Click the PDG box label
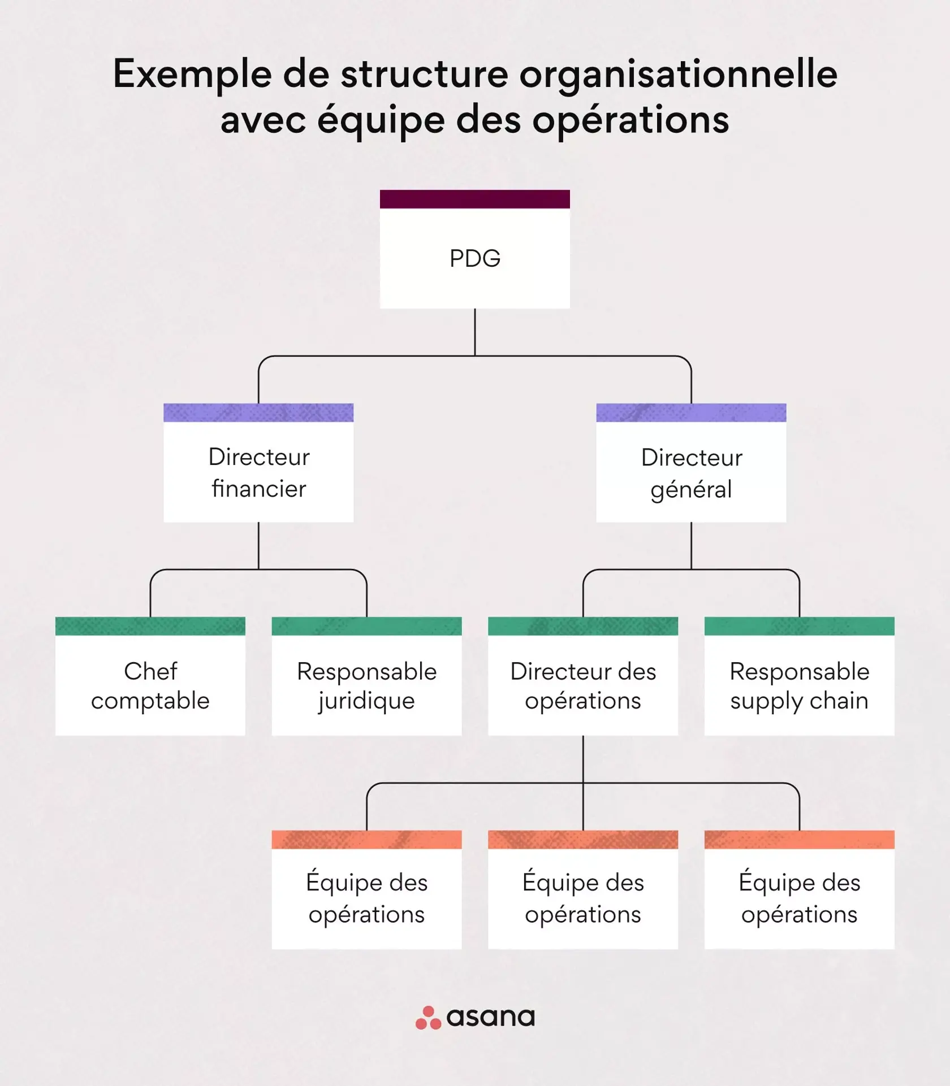click(475, 259)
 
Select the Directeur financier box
click(258, 472)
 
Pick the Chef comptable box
click(150, 685)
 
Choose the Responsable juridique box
click(366, 685)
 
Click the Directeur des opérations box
click(583, 685)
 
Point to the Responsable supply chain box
click(799, 685)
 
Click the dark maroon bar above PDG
click(475, 199)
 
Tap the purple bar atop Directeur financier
click(258, 413)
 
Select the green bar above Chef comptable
click(150, 626)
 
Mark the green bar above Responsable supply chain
click(799, 626)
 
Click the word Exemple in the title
click(192, 75)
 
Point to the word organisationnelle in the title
click(678, 75)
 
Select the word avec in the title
click(263, 120)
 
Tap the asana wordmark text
click(490, 1018)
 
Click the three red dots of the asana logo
click(428, 1018)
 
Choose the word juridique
click(366, 701)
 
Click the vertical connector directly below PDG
click(475, 332)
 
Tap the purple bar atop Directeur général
click(691, 413)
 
